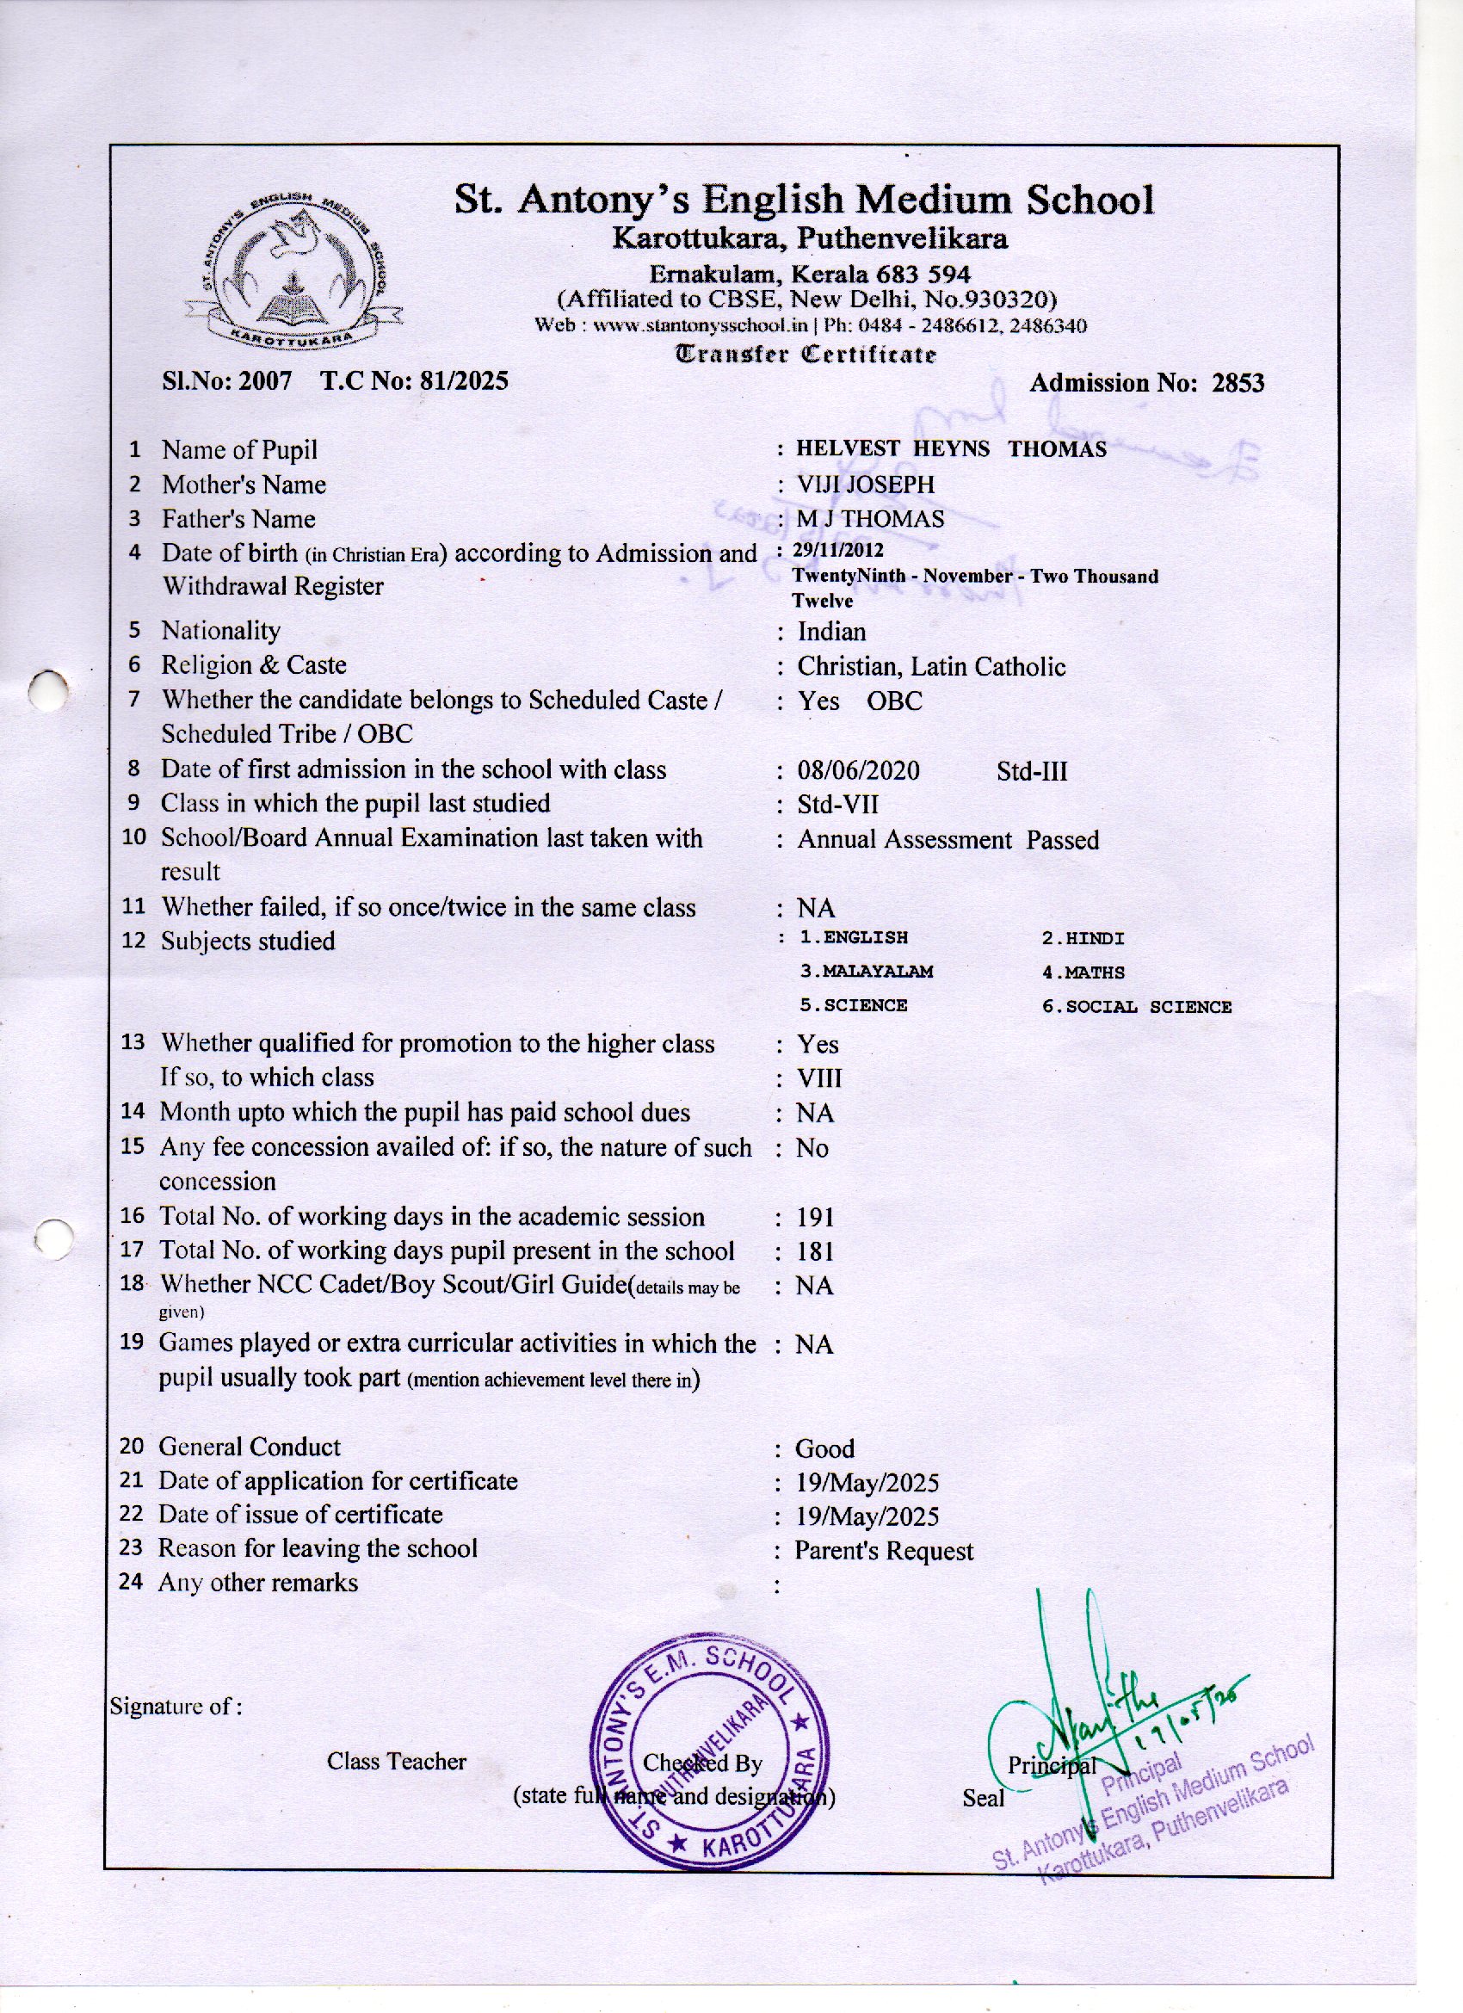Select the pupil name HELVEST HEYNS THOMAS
pos(951,449)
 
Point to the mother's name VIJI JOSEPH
pos(866,485)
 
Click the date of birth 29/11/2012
pos(839,550)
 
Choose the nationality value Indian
pos(832,631)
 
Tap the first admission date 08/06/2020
pos(857,769)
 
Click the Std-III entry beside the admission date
pos(1032,770)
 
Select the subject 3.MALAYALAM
pos(867,972)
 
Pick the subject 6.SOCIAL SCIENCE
pos(1136,1007)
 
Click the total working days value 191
pos(815,1217)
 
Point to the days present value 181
pos(815,1251)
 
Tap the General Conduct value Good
pos(824,1448)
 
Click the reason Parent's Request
pos(884,1551)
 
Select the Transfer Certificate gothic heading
pos(806,355)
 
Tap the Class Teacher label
pos(396,1761)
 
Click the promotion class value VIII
pos(819,1078)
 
